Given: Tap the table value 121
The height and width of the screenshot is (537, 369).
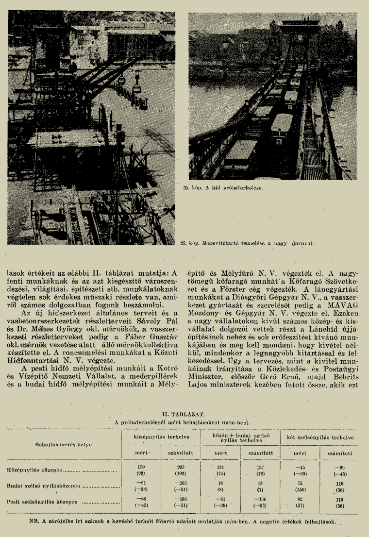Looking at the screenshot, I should [221, 467].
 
